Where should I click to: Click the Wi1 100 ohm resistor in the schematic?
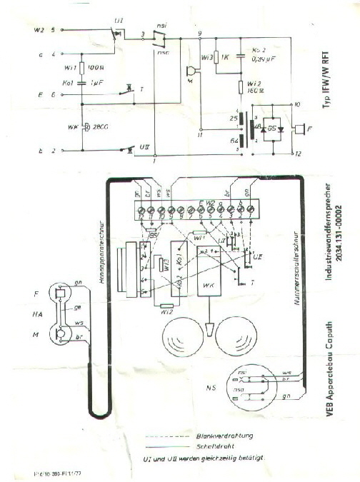coord(83,69)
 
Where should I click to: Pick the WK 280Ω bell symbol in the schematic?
coord(84,127)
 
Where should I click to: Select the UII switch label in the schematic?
coord(145,146)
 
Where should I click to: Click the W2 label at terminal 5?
coord(39,30)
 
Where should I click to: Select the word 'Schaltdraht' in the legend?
coord(212,444)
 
